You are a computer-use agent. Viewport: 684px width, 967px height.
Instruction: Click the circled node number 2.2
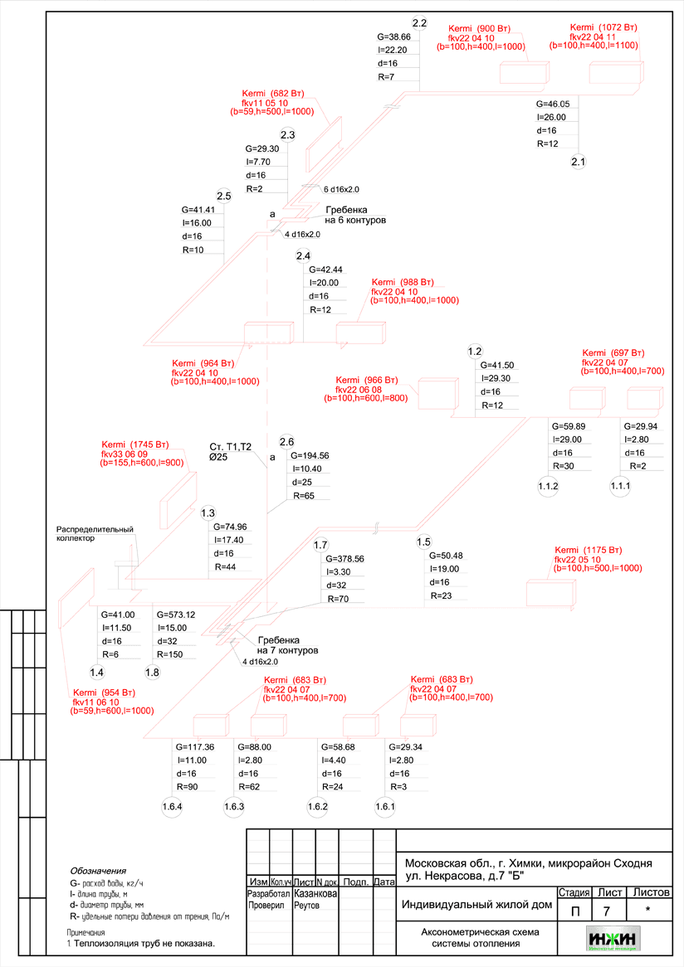pos(419,22)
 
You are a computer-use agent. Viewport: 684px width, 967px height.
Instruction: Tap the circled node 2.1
pos(579,162)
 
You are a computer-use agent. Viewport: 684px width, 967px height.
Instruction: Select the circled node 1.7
pos(321,544)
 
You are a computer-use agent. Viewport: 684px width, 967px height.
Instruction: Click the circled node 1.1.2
pos(548,485)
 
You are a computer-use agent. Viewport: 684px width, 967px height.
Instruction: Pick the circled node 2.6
pos(287,441)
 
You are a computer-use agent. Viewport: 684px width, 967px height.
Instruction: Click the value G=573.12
pos(175,615)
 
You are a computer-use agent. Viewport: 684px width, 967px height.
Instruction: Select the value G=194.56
pos(310,456)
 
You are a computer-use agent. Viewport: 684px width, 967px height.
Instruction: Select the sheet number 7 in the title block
pos(607,911)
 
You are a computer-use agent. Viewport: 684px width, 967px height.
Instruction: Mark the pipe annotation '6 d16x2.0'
pos(340,189)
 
